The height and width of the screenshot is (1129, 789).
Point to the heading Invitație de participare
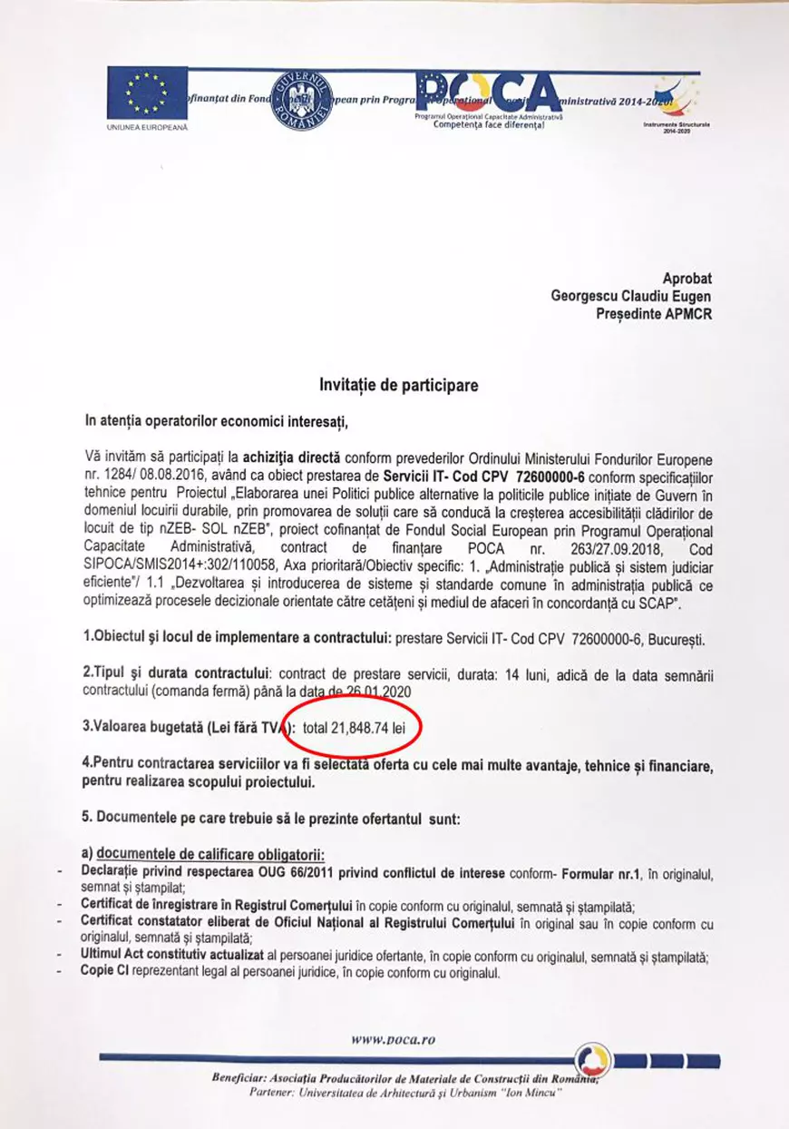398,385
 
